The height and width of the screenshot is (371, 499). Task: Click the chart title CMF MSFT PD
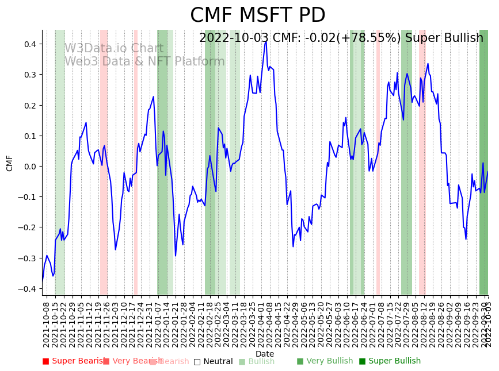(x=257, y=16)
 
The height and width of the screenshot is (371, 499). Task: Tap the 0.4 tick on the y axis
(x=30, y=44)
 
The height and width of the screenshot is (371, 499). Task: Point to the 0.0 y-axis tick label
(x=30, y=167)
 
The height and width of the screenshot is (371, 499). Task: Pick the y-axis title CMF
(x=10, y=163)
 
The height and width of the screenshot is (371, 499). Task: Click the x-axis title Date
(x=265, y=354)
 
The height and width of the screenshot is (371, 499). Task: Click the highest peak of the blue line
(x=265, y=41)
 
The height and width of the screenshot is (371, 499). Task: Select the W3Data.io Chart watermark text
(x=114, y=48)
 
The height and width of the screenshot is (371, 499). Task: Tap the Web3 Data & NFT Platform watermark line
(x=144, y=61)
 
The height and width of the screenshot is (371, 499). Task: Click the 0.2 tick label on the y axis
(x=30, y=106)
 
